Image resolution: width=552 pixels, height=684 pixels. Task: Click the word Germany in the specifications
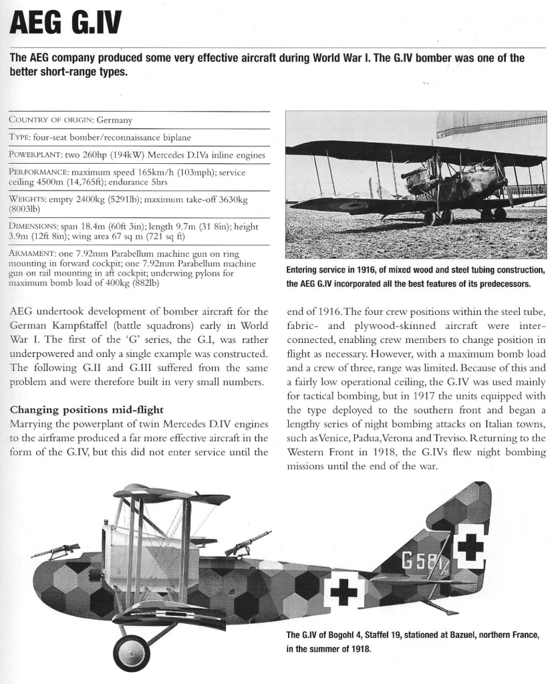pyautogui.click(x=114, y=120)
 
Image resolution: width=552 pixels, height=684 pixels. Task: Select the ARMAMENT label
pyautogui.click(x=33, y=254)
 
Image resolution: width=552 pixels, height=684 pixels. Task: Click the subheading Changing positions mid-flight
pyautogui.click(x=86, y=409)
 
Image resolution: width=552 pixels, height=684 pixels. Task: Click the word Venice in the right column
pyautogui.click(x=323, y=438)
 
